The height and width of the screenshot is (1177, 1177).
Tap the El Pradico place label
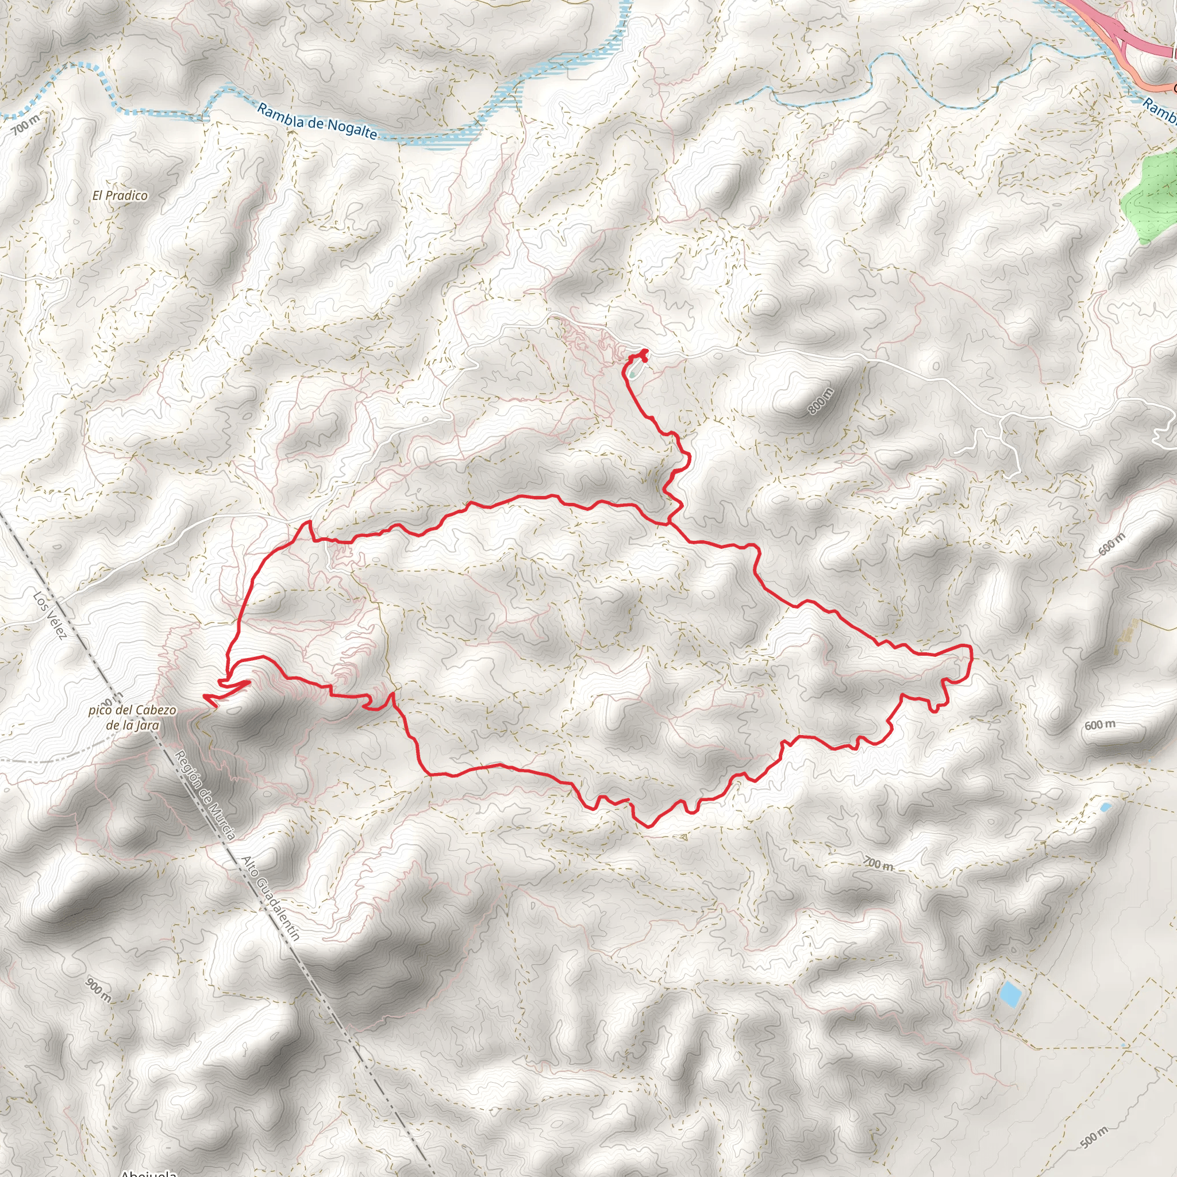(120, 195)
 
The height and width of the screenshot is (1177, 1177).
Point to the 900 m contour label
(99, 990)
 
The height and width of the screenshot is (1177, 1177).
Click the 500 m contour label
(1095, 1137)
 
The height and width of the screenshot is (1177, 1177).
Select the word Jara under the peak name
(149, 725)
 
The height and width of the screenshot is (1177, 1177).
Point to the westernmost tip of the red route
(203, 695)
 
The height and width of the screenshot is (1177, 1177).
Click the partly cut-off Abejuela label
(149, 1172)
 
